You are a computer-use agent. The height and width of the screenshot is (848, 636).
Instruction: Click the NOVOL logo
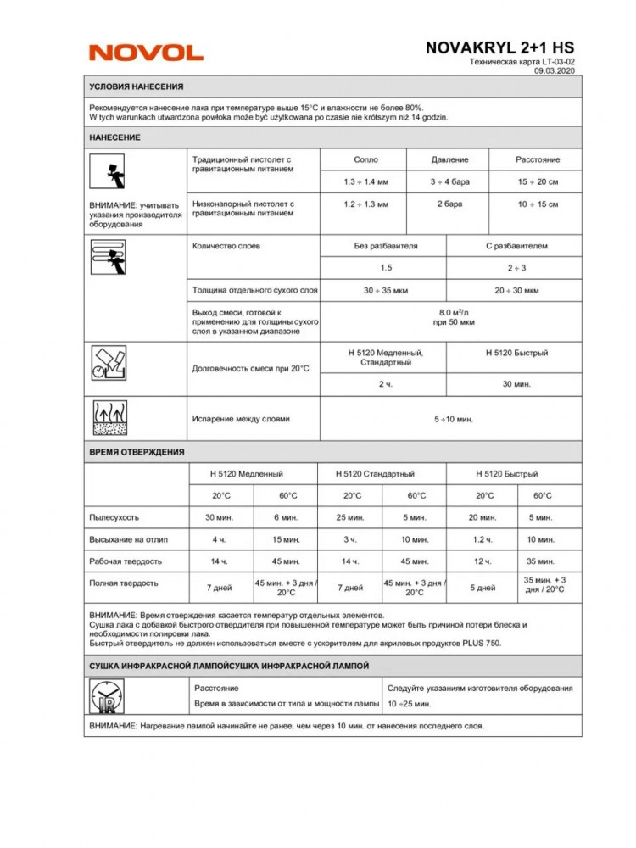pos(146,53)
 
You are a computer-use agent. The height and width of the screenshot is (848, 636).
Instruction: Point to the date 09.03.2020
pos(555,72)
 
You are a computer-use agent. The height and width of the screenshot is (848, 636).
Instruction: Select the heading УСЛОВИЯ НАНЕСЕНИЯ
pos(137,87)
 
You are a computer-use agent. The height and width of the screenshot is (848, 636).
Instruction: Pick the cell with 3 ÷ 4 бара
pos(449,181)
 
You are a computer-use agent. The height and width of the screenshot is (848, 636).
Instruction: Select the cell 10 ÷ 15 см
pos(538,204)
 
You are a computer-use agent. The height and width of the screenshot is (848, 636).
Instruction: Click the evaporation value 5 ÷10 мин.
pos(453,419)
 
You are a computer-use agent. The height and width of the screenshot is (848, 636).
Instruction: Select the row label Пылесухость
pos(114,517)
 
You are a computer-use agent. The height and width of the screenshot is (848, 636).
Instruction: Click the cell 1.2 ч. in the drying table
pos(483,539)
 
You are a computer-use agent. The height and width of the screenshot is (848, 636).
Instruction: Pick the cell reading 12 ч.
pos(483,561)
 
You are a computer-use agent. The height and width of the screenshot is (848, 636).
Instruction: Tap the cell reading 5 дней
pos(483,587)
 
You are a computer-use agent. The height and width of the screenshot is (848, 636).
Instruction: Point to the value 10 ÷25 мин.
pos(410,705)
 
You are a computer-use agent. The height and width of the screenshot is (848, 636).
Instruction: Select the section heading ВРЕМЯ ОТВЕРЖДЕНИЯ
pos(137,452)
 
